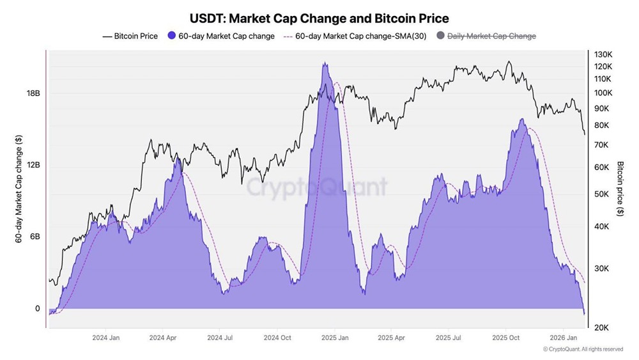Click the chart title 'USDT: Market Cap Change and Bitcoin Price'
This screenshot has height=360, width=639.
coord(319,18)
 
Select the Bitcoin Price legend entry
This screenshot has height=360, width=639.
coord(130,36)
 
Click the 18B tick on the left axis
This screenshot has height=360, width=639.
coord(33,93)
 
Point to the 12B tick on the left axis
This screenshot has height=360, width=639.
coord(33,165)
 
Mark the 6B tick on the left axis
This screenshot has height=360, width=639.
coord(35,237)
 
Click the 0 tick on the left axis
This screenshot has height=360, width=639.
coord(37,309)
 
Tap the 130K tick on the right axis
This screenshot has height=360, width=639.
coord(604,55)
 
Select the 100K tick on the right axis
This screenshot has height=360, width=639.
coord(604,93)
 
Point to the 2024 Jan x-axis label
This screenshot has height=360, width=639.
coord(106,337)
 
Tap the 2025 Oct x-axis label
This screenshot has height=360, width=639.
coord(505,337)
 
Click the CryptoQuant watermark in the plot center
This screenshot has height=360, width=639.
coord(317,187)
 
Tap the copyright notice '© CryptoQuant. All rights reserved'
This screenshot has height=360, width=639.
coord(583,349)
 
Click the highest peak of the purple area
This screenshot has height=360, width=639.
coord(325,63)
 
